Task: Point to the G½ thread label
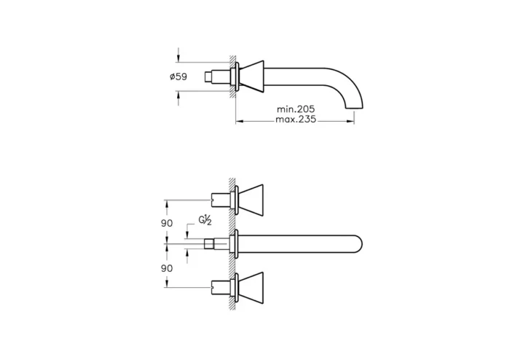(205, 220)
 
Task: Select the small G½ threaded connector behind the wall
(211, 242)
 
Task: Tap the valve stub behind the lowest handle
(219, 285)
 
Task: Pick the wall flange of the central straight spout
(233, 242)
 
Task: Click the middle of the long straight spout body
(299, 242)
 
